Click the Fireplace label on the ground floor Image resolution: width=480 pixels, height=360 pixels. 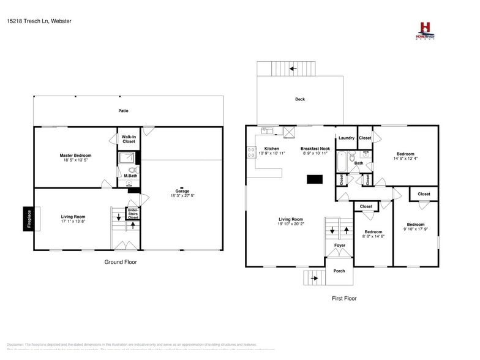[28, 219]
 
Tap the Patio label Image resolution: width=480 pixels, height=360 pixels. [123, 111]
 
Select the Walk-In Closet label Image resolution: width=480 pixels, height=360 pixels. [129, 139]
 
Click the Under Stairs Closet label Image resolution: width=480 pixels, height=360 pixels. [133, 214]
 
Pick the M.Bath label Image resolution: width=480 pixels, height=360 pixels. [130, 176]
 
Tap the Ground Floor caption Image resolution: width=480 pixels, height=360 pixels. [120, 262]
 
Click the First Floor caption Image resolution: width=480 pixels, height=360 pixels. [343, 299]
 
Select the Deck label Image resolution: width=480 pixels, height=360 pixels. [299, 99]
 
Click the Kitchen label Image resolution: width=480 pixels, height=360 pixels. [271, 149]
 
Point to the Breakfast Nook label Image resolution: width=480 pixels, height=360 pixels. [315, 149]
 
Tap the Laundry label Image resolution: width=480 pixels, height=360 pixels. [346, 138]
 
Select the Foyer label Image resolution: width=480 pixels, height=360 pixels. [339, 246]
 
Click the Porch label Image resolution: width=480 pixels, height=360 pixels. [339, 271]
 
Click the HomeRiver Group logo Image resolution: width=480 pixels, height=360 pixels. [424, 31]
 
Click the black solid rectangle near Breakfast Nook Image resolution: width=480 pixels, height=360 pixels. [315, 179]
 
